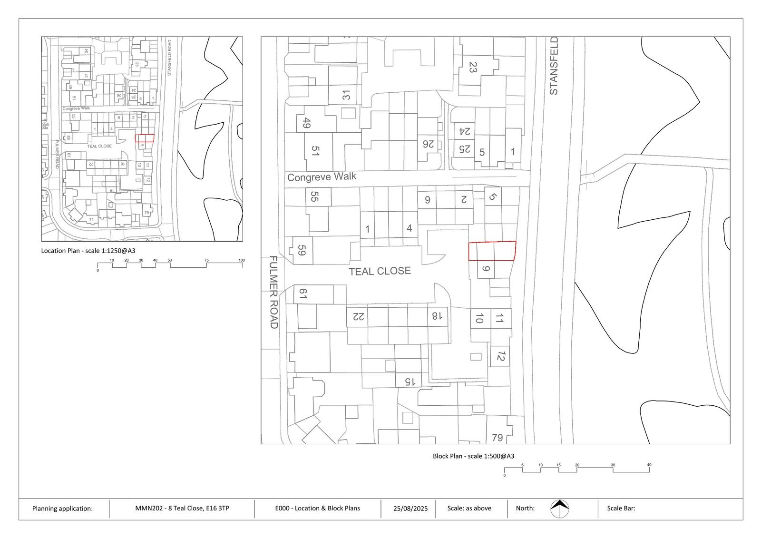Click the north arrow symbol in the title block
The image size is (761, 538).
pos(560,509)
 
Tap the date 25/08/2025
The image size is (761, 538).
pos(410,509)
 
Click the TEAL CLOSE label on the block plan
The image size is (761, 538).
pos(380,271)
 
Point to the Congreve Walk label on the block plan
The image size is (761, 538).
pos(322,177)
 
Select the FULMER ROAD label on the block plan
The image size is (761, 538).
pos(273,292)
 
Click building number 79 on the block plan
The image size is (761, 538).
pos(497,437)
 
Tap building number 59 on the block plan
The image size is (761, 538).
pos(301,250)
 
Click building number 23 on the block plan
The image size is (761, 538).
pos(472,67)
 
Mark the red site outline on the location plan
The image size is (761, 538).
pos(145,138)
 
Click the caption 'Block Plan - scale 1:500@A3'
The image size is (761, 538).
pos(473,456)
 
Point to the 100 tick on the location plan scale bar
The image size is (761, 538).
pos(242,260)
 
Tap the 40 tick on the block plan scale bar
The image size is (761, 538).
pos(649,465)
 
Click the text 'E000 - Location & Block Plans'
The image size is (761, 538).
pos(317,509)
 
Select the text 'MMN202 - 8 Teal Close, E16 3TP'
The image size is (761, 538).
pos(182,509)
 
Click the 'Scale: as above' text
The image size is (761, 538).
pos(469,509)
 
